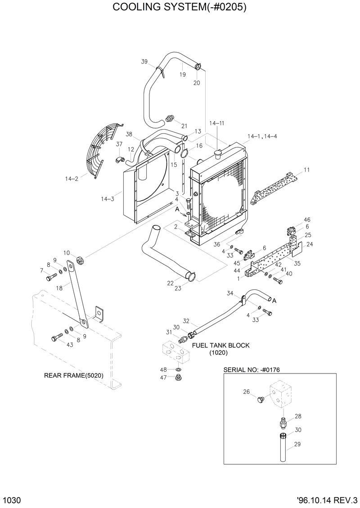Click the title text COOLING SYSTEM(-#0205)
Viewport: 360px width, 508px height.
click(180, 8)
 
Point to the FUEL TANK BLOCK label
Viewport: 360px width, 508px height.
click(220, 345)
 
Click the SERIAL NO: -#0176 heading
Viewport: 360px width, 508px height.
click(254, 369)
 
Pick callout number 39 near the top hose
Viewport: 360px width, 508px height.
click(144, 62)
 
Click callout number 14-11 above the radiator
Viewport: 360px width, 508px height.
click(216, 123)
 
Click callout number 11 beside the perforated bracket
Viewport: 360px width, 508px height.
click(306, 170)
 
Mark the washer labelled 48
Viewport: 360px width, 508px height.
click(179, 370)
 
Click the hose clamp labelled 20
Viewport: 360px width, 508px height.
click(198, 68)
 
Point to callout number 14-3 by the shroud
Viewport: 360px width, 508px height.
click(107, 198)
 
